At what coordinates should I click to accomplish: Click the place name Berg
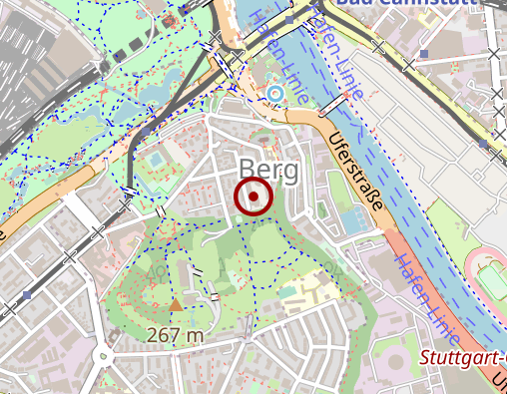click(x=268, y=171)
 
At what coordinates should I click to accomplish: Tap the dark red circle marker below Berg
click(x=254, y=197)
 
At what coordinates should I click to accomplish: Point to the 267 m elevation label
click(x=175, y=335)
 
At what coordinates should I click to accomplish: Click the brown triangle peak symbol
click(x=177, y=304)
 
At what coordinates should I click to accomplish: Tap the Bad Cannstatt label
click(x=419, y=3)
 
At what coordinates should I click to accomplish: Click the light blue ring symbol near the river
click(x=274, y=94)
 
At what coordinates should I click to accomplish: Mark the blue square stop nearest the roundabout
click(x=28, y=294)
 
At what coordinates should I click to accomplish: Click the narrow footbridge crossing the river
click(x=333, y=105)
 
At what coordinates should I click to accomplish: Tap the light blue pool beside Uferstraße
click(x=351, y=219)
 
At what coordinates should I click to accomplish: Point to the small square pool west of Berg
click(x=156, y=160)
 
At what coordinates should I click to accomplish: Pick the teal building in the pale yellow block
click(x=288, y=294)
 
